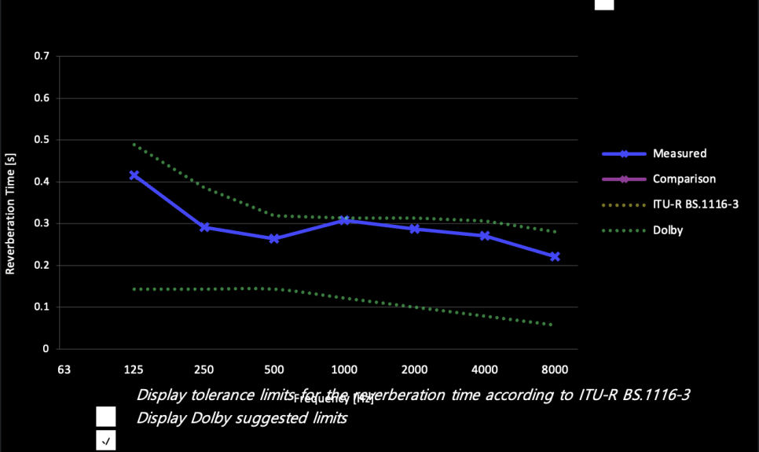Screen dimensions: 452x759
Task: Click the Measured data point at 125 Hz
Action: (x=134, y=175)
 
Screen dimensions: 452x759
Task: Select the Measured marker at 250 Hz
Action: (x=204, y=227)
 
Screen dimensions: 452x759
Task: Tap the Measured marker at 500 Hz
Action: (x=274, y=238)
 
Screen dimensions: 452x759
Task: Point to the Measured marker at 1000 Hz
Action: (x=344, y=221)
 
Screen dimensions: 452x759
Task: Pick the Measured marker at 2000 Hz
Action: (x=414, y=229)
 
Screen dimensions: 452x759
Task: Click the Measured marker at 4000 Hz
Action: (x=485, y=235)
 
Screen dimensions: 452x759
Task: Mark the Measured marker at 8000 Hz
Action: (x=555, y=256)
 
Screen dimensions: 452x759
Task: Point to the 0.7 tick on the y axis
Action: (x=42, y=57)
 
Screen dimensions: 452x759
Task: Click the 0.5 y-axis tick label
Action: (x=42, y=140)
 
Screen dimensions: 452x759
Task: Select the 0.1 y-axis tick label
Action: (x=42, y=307)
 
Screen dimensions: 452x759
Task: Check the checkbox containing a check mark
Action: (x=106, y=441)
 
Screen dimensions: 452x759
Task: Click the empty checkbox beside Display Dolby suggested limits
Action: (x=106, y=417)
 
